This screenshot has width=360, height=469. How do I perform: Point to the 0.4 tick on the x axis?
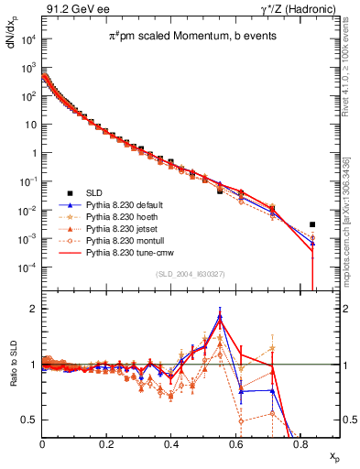(x=171, y=443)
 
